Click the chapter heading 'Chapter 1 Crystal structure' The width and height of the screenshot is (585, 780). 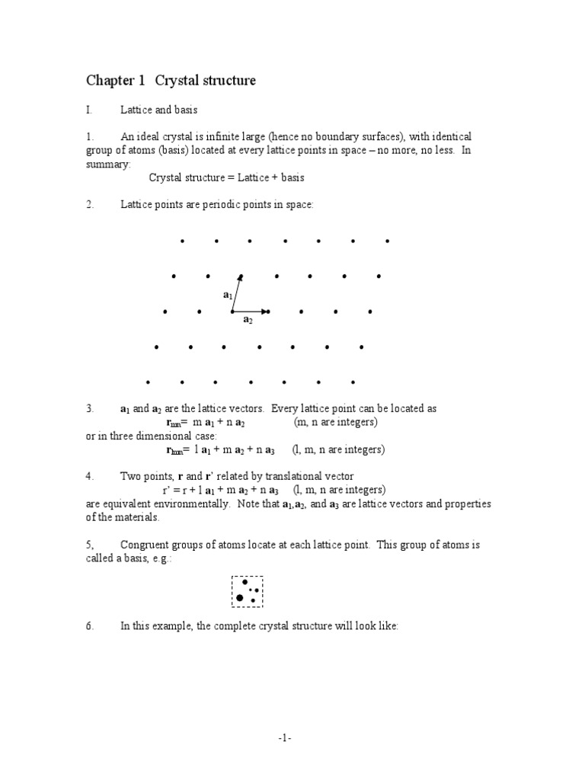pos(171,81)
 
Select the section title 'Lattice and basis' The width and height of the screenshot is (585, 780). pos(158,110)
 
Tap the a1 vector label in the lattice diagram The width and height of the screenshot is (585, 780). pos(227,294)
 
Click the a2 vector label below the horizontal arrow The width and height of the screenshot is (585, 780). pos(248,321)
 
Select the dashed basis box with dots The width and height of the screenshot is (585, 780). pos(247,592)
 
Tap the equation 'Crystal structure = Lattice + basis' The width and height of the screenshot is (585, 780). pos(226,177)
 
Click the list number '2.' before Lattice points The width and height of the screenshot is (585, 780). pos(90,204)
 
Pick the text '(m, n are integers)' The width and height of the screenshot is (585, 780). pos(335,422)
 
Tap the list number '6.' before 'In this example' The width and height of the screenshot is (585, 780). pos(90,625)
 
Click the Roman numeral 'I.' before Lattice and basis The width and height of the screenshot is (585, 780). pos(89,110)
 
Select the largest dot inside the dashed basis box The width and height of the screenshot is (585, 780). pos(240,598)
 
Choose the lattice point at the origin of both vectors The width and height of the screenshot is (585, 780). pos(232,312)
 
